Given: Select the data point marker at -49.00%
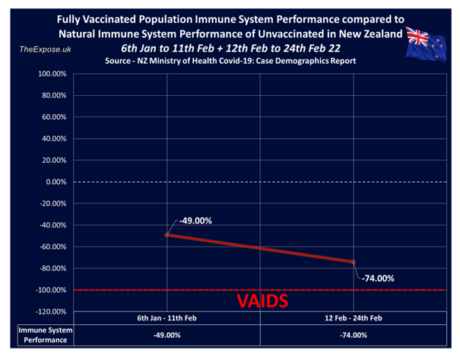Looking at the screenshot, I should [x=167, y=235].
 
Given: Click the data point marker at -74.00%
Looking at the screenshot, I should [x=354, y=262].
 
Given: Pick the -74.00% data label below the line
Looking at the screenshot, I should [x=376, y=278].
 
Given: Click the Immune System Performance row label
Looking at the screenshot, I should [x=36, y=335].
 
